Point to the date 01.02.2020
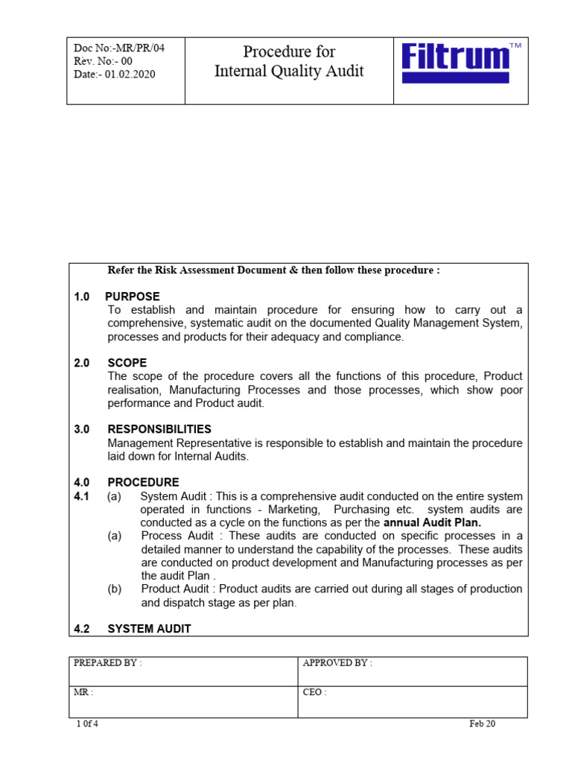[130, 75]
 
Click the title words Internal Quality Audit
[289, 72]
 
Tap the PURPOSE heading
[133, 297]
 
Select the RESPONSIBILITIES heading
[159, 429]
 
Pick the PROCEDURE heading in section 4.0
[143, 482]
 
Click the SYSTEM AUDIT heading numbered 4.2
[149, 629]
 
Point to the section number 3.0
[82, 429]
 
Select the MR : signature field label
[83, 692]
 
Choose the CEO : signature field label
[314, 692]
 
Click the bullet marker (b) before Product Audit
[114, 589]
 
